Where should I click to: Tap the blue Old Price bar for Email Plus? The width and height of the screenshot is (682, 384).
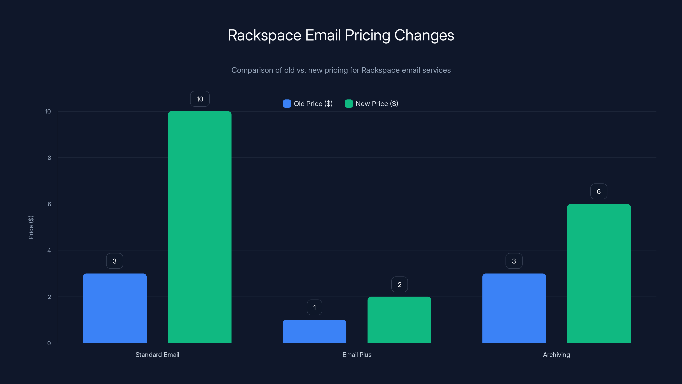click(x=314, y=331)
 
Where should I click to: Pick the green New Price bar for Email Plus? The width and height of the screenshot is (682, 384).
click(x=399, y=320)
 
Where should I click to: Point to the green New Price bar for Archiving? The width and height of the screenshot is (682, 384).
click(x=599, y=273)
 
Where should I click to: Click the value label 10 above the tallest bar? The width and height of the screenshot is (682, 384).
click(x=200, y=99)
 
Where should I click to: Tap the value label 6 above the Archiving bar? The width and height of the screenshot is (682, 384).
click(x=599, y=191)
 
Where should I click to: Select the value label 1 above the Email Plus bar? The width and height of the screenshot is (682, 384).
click(x=315, y=307)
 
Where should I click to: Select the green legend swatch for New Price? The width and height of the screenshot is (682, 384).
click(x=349, y=104)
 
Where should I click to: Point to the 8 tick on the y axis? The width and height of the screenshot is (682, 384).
click(x=49, y=158)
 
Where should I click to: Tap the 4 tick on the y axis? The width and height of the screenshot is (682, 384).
click(x=49, y=250)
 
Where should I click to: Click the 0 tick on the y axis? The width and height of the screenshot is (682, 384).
click(x=49, y=343)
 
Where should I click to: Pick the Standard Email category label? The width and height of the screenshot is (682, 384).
click(x=157, y=355)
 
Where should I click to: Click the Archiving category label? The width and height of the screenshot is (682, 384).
click(x=556, y=355)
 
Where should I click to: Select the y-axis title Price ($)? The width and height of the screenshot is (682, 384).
click(x=31, y=227)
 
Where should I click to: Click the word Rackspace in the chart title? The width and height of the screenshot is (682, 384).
click(x=264, y=35)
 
